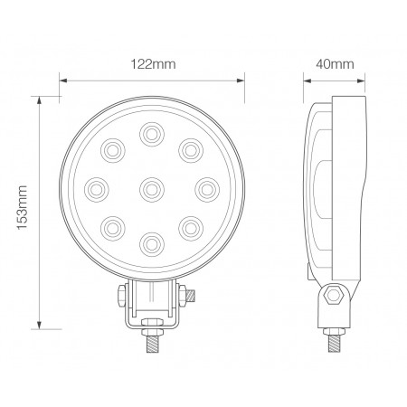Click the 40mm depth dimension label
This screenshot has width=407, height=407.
[336, 64]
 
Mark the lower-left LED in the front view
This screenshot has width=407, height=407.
[114, 225]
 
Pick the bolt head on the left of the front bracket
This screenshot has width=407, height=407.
[118, 295]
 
